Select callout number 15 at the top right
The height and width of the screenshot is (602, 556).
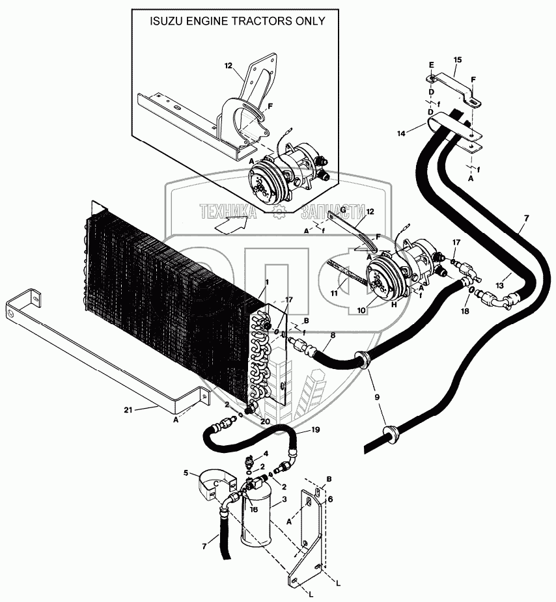pos(457,60)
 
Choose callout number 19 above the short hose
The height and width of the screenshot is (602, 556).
pos(316,430)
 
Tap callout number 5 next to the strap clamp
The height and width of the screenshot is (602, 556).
pos(186,473)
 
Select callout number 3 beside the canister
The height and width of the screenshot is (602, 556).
pos(284,500)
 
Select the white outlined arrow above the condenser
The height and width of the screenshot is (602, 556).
pos(231,225)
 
